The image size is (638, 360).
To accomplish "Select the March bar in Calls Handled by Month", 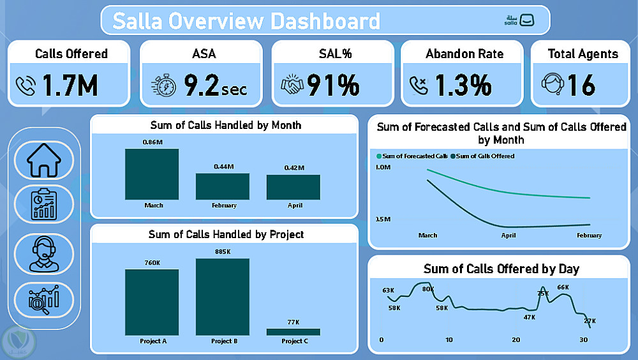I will (x=152, y=174).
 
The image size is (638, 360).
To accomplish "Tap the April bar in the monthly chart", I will (x=293, y=187).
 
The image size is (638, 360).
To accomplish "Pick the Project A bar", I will (x=152, y=302).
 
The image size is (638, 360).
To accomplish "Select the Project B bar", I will (x=223, y=297).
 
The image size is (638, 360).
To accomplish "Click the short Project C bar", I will (x=293, y=332).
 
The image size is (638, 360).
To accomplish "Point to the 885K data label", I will (x=223, y=252).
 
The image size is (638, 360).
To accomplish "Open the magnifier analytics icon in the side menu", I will (x=44, y=299).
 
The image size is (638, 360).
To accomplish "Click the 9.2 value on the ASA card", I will (x=200, y=85).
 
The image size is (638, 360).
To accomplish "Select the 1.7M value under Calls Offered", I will (x=70, y=86).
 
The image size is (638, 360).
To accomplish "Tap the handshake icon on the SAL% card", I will (x=292, y=86).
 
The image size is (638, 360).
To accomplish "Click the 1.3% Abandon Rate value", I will (x=464, y=85).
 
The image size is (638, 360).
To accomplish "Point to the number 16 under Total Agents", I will (x=581, y=85).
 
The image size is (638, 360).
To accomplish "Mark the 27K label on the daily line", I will (x=590, y=320).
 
